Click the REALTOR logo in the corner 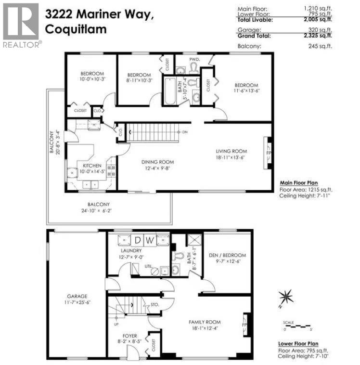pyautogui.click(x=21, y=24)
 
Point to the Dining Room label pyautogui.click(x=157, y=162)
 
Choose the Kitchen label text pyautogui.click(x=90, y=166)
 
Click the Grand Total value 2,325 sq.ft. pyautogui.click(x=315, y=36)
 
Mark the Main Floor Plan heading pyautogui.click(x=306, y=183)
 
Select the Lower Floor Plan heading pyautogui.click(x=305, y=344)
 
